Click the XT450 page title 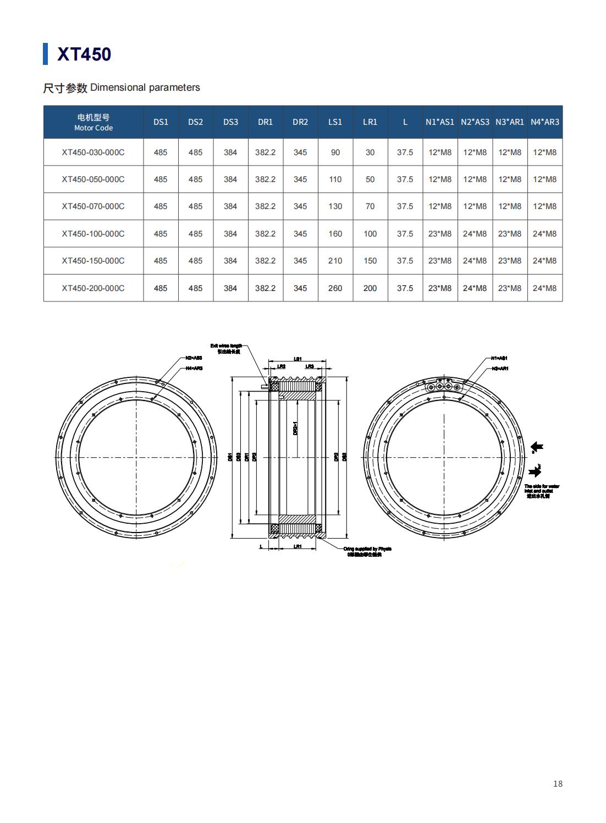[84, 54]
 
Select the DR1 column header [265, 122]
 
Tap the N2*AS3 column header [475, 122]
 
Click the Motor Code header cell [93, 122]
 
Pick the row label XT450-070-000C [93, 206]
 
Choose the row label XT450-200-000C [93, 288]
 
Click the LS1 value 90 [335, 152]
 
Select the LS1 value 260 [335, 288]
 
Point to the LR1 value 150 [370, 261]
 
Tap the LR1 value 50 [370, 179]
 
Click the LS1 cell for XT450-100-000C [335, 234]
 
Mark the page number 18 [558, 784]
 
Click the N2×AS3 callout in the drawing [194, 358]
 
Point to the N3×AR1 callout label [499, 368]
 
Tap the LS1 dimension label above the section [298, 359]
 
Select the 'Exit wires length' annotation [226, 346]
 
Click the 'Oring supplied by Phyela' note [367, 549]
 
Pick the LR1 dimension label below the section [298, 546]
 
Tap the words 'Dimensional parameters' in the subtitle [145, 87]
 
